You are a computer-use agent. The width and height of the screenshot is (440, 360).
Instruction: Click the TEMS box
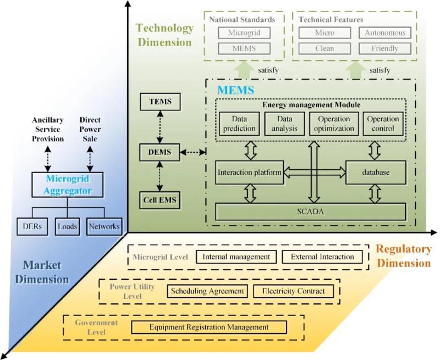pyautogui.click(x=159, y=102)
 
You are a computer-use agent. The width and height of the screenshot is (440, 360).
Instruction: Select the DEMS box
pyautogui.click(x=159, y=152)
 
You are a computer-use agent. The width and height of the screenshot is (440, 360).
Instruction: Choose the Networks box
pyautogui.click(x=105, y=226)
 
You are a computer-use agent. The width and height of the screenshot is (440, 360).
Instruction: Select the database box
pyautogui.click(x=376, y=172)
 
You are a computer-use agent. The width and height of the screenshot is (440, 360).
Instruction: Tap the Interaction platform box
pyautogui.click(x=249, y=172)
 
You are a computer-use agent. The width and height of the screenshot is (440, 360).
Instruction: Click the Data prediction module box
pyautogui.click(x=239, y=124)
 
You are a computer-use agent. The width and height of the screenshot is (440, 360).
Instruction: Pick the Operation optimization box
pyautogui.click(x=334, y=124)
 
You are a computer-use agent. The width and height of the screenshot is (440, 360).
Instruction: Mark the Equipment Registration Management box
pyautogui.click(x=209, y=328)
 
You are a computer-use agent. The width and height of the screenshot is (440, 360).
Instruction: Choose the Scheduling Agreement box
pyautogui.click(x=207, y=291)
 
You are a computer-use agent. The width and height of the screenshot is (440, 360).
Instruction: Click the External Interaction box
pyautogui.click(x=322, y=257)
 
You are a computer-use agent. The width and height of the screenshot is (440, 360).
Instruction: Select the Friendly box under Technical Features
pyautogui.click(x=385, y=48)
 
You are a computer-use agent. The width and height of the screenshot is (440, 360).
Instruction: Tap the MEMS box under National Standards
pyautogui.click(x=244, y=48)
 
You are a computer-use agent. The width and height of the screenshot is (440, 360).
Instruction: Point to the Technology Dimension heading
pyautogui.click(x=164, y=35)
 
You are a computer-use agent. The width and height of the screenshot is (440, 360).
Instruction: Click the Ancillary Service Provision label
pyautogui.click(x=48, y=129)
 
